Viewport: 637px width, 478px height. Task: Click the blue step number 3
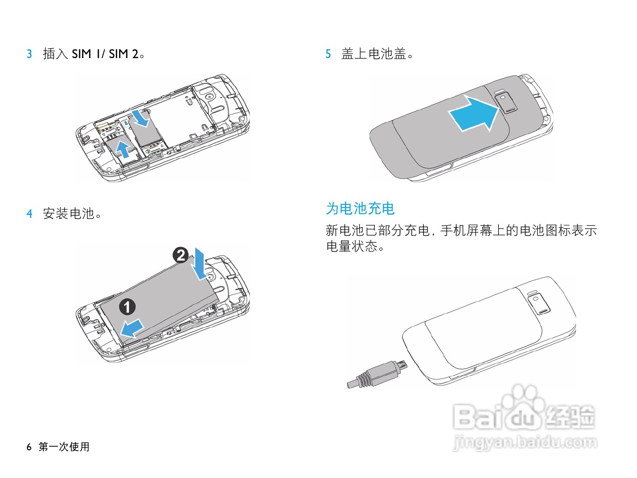click(30, 54)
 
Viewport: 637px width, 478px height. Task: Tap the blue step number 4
click(30, 214)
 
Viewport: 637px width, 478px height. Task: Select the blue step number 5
click(328, 54)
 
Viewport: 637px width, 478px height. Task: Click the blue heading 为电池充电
click(360, 209)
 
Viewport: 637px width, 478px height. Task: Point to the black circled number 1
click(127, 307)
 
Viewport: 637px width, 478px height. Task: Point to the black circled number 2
click(180, 255)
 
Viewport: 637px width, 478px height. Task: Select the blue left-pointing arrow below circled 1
click(132, 328)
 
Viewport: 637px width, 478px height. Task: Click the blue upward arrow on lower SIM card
click(123, 149)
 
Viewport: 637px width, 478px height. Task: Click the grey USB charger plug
click(377, 375)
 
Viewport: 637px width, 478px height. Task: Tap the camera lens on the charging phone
click(536, 299)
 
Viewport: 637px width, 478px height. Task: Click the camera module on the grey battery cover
click(507, 103)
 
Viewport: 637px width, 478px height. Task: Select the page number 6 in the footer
click(29, 447)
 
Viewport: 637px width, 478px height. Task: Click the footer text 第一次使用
click(64, 447)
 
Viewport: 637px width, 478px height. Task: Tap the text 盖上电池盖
click(374, 54)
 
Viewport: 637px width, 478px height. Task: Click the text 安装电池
click(68, 214)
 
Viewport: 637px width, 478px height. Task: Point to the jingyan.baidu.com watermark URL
click(525, 443)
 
